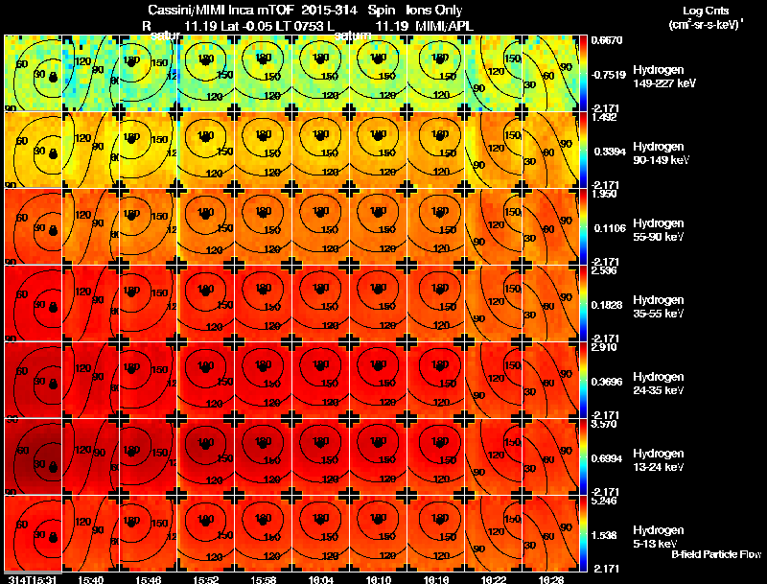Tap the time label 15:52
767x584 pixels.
coord(206,579)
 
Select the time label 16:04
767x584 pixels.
coord(321,579)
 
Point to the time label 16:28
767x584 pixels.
coord(552,579)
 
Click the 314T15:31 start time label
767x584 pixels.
coord(30,579)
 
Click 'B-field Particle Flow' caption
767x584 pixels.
coord(715,554)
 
